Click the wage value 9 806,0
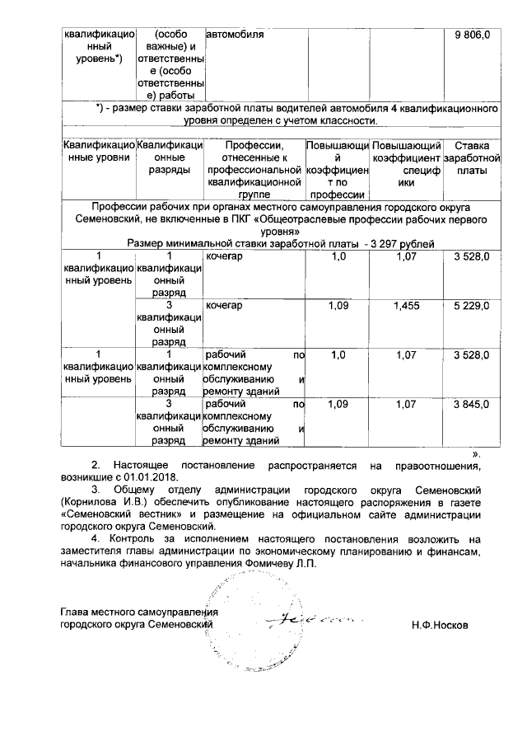tap(473, 36)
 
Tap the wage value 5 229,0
tap(473, 306)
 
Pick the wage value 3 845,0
tap(473, 404)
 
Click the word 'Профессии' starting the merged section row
tap(120, 207)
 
